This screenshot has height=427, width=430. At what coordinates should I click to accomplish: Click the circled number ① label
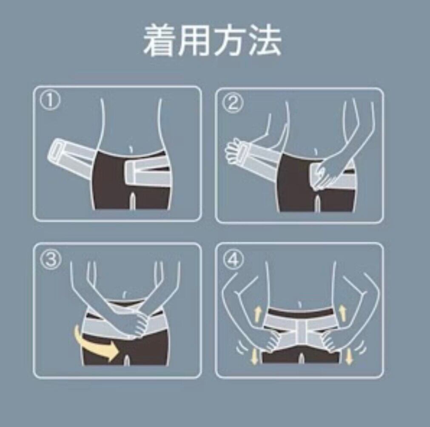click(50, 101)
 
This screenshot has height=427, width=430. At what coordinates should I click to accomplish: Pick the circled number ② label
click(233, 104)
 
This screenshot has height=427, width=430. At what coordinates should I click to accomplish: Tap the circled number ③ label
click(51, 259)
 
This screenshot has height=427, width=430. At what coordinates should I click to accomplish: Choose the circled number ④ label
click(234, 260)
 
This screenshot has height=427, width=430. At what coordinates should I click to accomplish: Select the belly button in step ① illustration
click(131, 149)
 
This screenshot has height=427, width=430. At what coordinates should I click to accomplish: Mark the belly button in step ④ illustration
click(300, 304)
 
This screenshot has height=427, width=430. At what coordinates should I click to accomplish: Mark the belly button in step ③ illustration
click(125, 295)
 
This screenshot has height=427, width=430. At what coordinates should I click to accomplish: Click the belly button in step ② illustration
click(316, 152)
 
